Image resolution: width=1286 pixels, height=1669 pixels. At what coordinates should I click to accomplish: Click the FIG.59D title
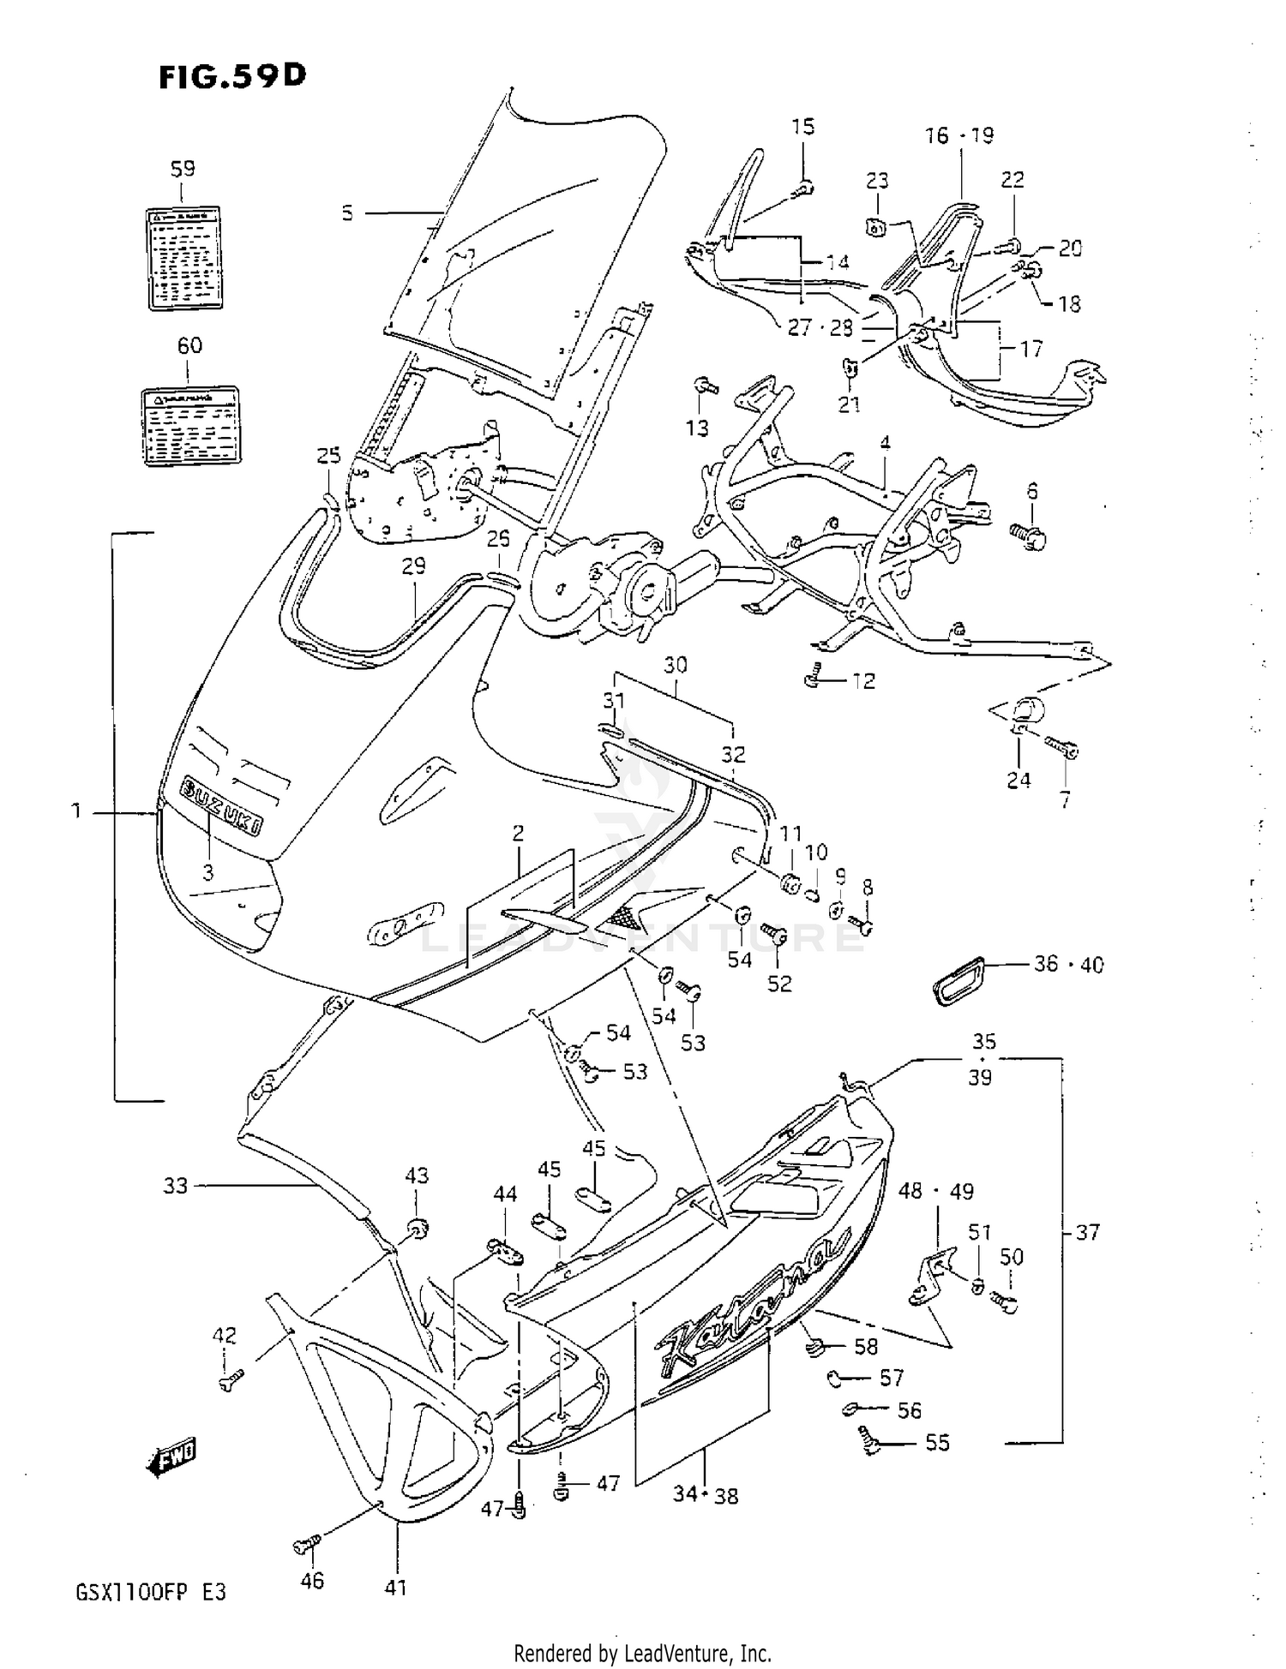[231, 76]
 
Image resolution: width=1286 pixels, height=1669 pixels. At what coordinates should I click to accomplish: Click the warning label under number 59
[181, 256]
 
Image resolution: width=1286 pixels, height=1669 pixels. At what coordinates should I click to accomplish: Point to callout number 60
[189, 345]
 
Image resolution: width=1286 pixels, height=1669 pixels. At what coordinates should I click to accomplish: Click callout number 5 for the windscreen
[347, 212]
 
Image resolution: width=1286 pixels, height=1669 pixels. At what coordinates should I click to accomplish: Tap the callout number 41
[395, 1588]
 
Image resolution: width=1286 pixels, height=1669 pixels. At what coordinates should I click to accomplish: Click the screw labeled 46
[305, 1545]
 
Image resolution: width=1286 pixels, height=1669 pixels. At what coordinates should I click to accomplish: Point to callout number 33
[175, 1186]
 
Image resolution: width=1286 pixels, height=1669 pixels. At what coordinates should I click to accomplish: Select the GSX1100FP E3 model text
[151, 1593]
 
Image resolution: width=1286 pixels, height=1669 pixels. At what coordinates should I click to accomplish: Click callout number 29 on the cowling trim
[413, 566]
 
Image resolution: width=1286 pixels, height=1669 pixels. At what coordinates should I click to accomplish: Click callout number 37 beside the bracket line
[1087, 1232]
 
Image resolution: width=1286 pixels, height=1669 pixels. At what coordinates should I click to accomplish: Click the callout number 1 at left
[76, 810]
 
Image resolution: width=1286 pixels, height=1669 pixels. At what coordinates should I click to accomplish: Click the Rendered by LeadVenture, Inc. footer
[642, 1653]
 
